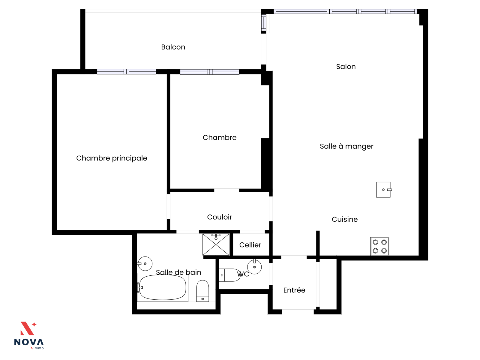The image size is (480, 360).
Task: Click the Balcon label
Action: [x=173, y=47]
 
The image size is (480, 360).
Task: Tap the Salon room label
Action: [x=346, y=66]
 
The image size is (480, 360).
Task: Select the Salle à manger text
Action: [x=346, y=146]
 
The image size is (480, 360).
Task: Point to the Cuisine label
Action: [x=345, y=219]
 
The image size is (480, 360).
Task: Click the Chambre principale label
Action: [x=112, y=158]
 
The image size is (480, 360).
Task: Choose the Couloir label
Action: [x=220, y=217]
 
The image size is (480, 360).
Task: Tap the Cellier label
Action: [x=250, y=245]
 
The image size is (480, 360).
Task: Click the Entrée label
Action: [x=294, y=290]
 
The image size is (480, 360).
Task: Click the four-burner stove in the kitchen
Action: [x=379, y=246]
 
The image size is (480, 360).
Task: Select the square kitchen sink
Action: [x=384, y=190]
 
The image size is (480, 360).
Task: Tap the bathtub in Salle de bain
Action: [x=163, y=287]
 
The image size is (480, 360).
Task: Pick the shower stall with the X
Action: [x=216, y=244]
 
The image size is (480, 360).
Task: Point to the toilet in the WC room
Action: [x=229, y=275]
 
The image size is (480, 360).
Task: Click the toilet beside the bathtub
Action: [x=202, y=291]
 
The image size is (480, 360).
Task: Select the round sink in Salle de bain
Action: [x=145, y=264]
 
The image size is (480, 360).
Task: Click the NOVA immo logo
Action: [x=28, y=336]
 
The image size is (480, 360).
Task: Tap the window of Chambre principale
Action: [x=126, y=72]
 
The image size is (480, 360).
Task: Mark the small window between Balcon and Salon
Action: [x=264, y=23]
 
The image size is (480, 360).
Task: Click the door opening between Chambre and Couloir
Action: [x=226, y=190]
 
